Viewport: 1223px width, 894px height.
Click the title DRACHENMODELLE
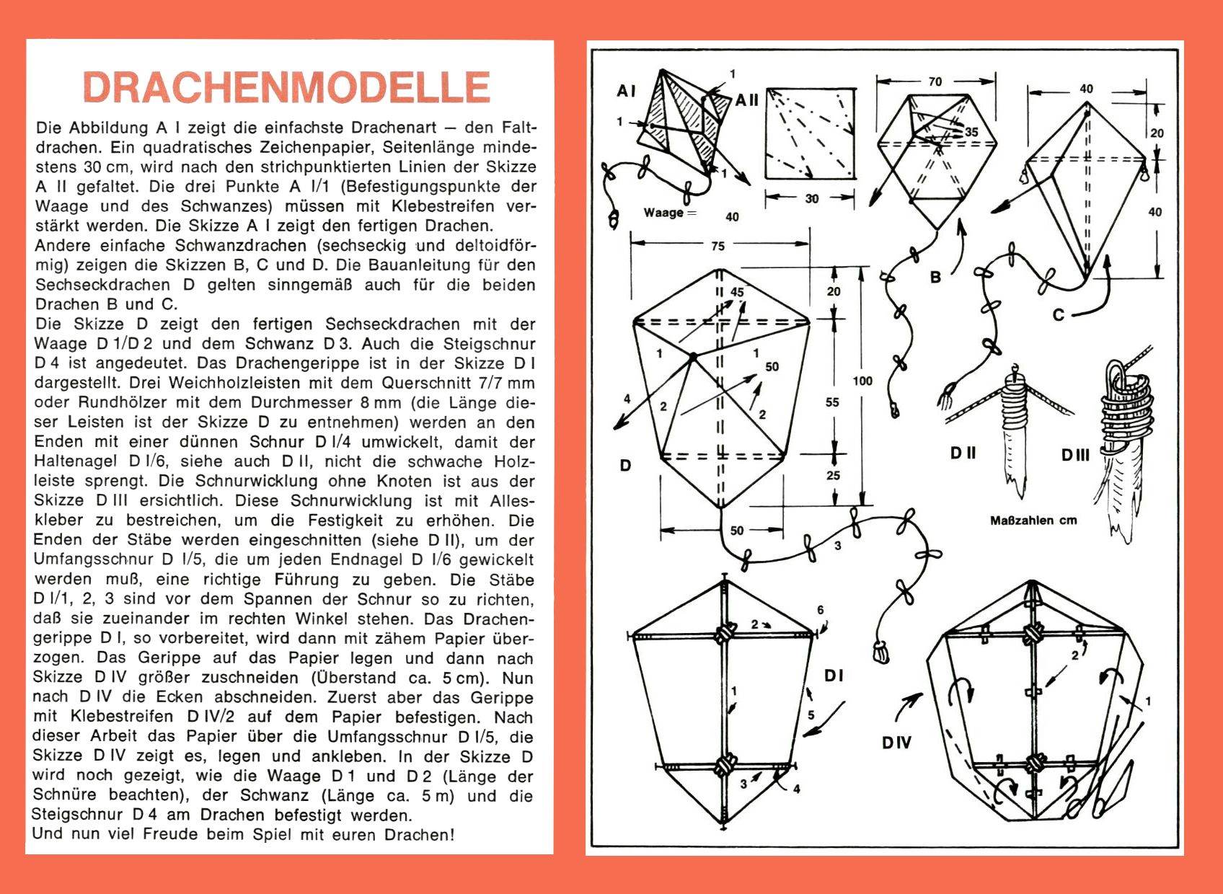287,87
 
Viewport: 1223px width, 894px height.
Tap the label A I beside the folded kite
626,91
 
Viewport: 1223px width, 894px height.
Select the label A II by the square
747,100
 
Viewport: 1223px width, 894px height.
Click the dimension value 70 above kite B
935,81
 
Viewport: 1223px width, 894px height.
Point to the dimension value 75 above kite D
718,246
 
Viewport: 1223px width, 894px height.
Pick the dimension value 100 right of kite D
862,381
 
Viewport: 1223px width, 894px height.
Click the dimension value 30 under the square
812,198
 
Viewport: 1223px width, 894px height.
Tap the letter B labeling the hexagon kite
935,278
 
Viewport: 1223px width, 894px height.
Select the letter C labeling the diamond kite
1058,315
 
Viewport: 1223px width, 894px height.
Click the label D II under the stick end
963,453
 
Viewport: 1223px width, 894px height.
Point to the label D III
1075,455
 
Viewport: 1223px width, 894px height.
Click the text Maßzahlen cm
1033,521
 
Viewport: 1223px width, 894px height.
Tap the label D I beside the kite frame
834,676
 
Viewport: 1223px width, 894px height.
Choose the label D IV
896,743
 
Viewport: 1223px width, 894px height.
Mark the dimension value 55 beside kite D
832,402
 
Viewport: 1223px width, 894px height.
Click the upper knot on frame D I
723,634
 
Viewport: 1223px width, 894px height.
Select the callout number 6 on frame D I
820,610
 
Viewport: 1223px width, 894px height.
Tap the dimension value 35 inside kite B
971,132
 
